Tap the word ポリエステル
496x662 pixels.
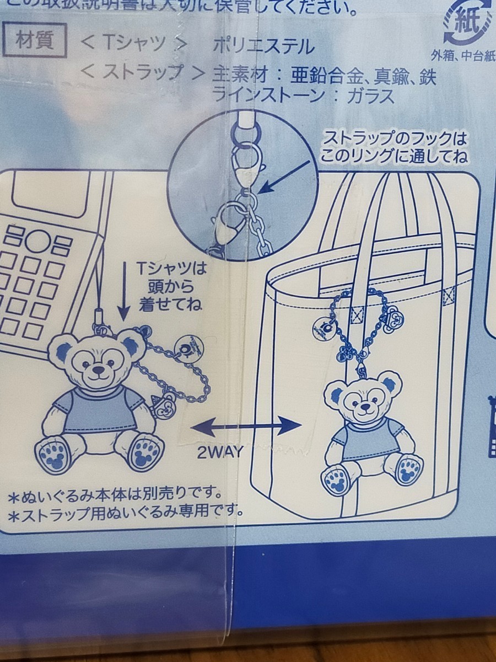pos(263,45)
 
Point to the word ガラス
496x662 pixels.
pos(371,96)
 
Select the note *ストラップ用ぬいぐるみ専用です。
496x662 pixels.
pos(126,510)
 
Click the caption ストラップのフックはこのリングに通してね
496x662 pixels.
pos(395,146)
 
